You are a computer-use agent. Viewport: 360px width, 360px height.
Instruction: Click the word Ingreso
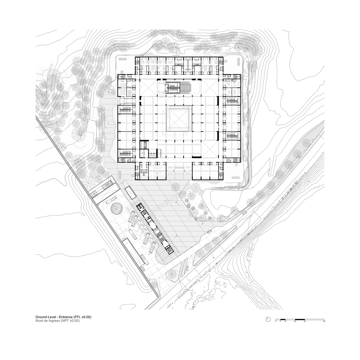click(55, 321)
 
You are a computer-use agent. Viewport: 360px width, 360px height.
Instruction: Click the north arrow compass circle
click(268, 319)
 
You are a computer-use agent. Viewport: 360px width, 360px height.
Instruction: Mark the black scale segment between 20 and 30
click(300, 319)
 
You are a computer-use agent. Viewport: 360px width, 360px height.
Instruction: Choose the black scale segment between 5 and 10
click(283, 319)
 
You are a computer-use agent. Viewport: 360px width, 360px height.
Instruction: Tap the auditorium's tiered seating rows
click(186, 87)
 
